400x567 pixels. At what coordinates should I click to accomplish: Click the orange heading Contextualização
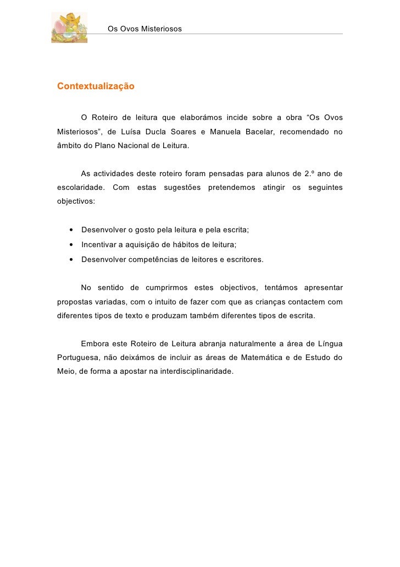[x=96, y=86]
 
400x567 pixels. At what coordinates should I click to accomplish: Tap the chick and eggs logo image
[x=69, y=28]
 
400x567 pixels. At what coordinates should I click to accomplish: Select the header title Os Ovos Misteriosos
[x=145, y=28]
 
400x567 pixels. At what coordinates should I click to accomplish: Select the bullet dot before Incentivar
[x=71, y=245]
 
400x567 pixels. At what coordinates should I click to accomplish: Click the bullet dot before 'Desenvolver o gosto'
[x=71, y=230]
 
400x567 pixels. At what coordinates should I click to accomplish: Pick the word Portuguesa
[x=77, y=357]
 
